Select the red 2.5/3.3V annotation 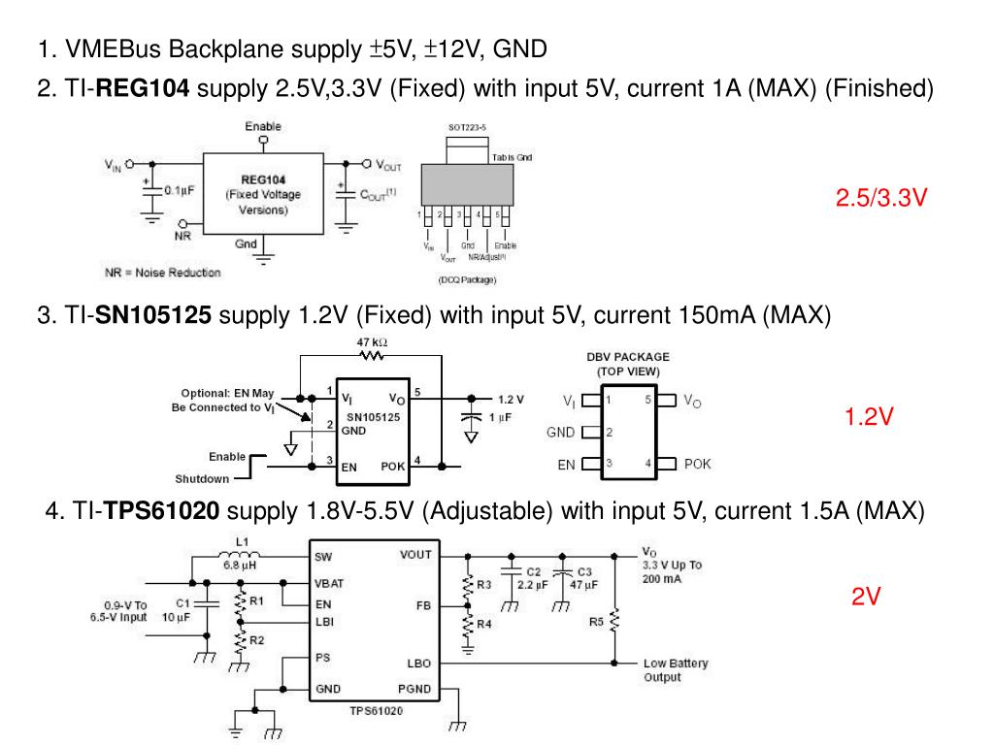coord(881,199)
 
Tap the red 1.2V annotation coord(868,417)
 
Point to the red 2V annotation coord(866,598)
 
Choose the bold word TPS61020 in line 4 coord(162,511)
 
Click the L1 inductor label coord(242,542)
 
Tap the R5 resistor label coord(597,622)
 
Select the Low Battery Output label coord(676,670)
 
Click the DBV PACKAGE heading coord(627,357)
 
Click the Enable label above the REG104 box coord(263,127)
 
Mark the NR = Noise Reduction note coord(162,273)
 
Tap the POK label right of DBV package coord(697,464)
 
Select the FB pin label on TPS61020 coord(422,605)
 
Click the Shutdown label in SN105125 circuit coord(202,478)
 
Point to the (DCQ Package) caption coord(466,281)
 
